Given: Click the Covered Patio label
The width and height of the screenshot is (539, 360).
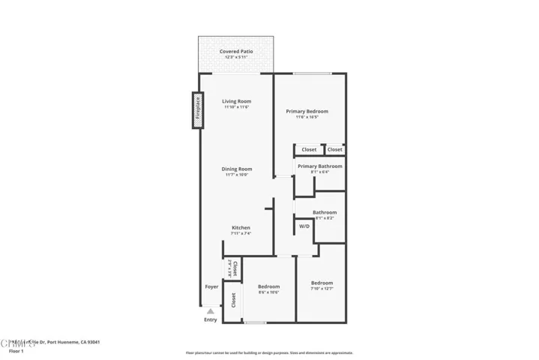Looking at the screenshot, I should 236,52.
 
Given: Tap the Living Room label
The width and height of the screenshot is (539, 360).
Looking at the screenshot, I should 237,101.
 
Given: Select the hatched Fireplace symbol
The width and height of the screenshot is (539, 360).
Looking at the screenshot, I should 198,109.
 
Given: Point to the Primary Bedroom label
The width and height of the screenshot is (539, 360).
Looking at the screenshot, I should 307,111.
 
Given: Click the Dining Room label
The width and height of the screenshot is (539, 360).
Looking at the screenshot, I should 236,169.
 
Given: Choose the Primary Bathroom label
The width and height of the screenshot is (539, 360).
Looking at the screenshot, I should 320,166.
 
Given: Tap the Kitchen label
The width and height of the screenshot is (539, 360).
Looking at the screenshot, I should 241,227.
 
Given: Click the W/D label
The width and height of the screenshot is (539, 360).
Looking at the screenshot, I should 304,226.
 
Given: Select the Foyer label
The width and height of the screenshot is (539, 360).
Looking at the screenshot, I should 212,286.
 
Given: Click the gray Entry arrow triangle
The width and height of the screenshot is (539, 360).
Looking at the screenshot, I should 211,310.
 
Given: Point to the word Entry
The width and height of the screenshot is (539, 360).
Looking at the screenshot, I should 211,320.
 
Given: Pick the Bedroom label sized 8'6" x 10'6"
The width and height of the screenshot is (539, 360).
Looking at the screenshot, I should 269,286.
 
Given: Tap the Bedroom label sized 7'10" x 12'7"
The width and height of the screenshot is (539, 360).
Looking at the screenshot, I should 322,283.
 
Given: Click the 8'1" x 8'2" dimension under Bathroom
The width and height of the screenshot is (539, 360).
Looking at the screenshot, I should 325,218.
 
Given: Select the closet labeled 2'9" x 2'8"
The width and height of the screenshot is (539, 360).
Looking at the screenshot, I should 231,267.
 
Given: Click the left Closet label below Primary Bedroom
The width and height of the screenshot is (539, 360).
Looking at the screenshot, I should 309,149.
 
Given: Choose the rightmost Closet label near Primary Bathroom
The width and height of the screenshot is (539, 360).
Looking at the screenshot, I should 334,149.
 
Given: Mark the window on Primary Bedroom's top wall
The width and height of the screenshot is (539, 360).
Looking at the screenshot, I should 313,73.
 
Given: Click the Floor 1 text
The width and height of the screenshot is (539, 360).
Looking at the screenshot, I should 16,351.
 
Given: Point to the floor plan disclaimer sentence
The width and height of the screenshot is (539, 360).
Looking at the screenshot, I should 269,352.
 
